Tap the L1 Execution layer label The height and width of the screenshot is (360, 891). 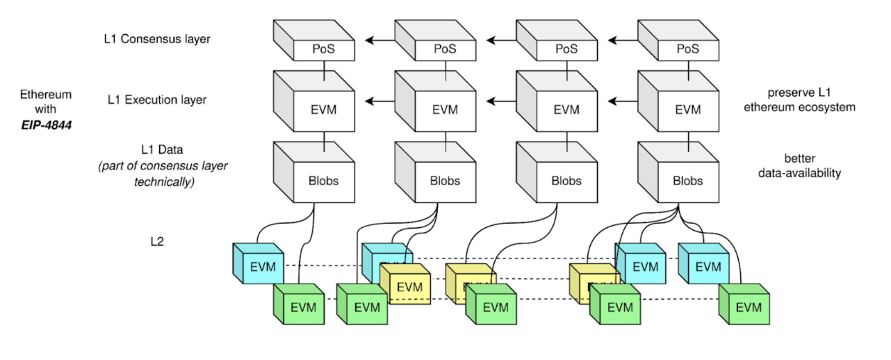[x=157, y=100]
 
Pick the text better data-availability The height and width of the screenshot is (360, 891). [x=799, y=166]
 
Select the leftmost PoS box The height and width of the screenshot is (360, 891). [x=323, y=49]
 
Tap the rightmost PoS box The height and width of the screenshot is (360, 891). [x=687, y=49]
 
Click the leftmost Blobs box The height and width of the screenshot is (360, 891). [x=323, y=181]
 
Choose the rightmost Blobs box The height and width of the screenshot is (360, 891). [x=687, y=181]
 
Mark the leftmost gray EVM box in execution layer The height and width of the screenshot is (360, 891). [x=323, y=109]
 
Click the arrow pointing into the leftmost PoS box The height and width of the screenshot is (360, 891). [x=376, y=40]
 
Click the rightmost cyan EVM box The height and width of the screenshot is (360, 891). [x=708, y=266]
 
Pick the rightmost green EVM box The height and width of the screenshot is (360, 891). [x=748, y=306]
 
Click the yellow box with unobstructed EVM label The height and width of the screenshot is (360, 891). [x=409, y=286]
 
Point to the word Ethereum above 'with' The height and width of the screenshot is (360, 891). [x=45, y=95]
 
